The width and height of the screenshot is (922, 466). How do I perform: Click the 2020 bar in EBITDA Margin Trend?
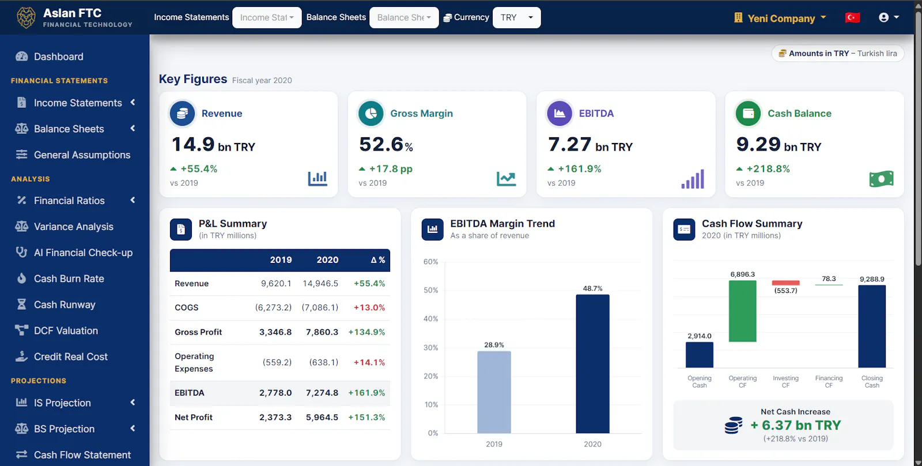592,364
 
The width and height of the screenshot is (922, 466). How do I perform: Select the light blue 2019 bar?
494,392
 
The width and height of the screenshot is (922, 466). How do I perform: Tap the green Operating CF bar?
742,311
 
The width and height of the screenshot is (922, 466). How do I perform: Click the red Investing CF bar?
785,283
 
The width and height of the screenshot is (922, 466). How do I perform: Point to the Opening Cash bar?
699,355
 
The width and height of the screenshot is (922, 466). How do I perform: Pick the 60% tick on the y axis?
430,262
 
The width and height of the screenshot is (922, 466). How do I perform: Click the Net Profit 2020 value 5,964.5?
322,418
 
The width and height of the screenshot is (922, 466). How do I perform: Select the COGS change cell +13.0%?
369,307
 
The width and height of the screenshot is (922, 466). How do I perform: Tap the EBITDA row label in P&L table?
190,393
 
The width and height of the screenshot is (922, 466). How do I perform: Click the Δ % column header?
377,260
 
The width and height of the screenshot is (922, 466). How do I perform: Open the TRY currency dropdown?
516,17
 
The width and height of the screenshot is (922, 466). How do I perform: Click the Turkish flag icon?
852,18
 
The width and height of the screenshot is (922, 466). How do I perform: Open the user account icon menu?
889,17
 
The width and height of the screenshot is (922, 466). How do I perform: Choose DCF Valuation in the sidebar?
66,330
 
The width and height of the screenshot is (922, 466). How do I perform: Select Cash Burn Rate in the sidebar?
69,279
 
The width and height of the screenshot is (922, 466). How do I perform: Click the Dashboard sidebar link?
58,57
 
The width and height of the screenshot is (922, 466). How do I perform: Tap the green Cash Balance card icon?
748,113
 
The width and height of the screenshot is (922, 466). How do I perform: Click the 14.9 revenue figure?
192,144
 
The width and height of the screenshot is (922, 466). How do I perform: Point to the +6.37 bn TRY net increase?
795,425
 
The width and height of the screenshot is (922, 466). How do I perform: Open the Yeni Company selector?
780,18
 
